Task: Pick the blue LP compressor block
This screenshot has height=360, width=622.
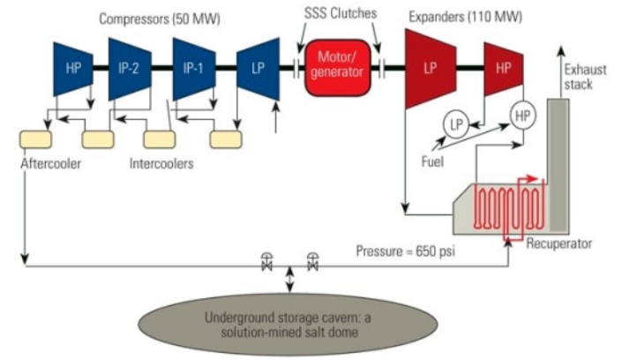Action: click(258, 67)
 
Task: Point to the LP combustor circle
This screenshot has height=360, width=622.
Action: click(456, 124)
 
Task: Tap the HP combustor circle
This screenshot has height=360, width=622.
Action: click(522, 113)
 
